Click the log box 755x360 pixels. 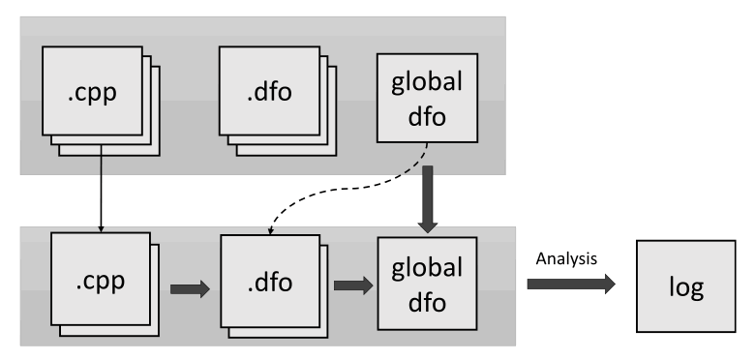click(x=686, y=286)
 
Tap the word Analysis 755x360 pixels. click(x=566, y=259)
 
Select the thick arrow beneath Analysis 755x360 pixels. click(x=571, y=284)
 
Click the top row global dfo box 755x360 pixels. click(x=427, y=98)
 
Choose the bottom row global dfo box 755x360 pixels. click(x=427, y=284)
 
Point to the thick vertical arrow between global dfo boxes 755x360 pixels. click(x=428, y=199)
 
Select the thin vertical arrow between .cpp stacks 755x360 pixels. click(x=101, y=189)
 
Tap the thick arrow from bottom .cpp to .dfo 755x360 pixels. click(x=190, y=289)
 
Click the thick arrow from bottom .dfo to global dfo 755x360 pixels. click(x=353, y=285)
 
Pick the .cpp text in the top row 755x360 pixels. click(x=93, y=92)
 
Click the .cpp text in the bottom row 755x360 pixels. click(x=100, y=282)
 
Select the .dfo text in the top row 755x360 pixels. click(x=269, y=91)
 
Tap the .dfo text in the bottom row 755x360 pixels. click(x=270, y=282)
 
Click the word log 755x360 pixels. click(x=686, y=287)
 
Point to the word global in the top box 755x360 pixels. click(x=427, y=81)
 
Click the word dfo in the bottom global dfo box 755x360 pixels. click(x=427, y=302)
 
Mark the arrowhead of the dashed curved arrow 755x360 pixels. click(x=271, y=230)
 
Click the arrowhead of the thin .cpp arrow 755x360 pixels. click(x=101, y=229)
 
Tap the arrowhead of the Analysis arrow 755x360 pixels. click(x=610, y=284)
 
